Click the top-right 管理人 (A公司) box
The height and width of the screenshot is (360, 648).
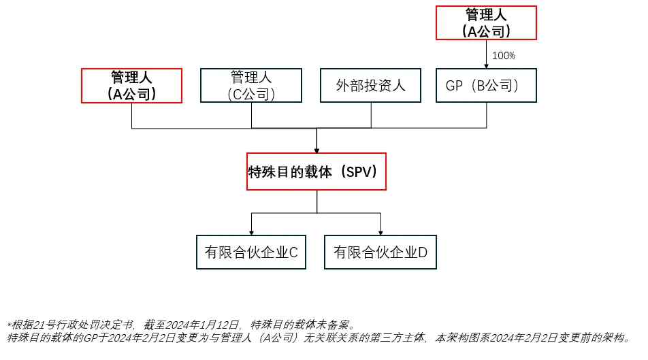486,22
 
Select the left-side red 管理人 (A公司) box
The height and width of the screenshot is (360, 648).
131,86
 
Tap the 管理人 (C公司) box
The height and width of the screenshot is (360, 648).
251,86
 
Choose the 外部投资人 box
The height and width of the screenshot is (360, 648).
371,86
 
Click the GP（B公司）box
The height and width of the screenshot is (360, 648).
486,86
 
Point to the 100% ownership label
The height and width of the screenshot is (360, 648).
503,56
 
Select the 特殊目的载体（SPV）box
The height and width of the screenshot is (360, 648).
317,171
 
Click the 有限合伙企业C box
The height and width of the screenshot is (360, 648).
251,252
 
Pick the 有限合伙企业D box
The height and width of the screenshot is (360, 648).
380,252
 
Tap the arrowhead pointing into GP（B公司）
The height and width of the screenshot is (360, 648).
486,65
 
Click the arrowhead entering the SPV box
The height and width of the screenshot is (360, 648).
317,150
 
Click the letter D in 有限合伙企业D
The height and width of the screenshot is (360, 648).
423,252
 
